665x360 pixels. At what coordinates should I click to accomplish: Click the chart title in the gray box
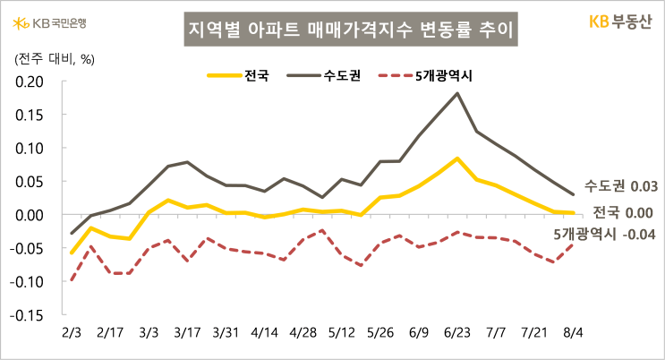coord(351,31)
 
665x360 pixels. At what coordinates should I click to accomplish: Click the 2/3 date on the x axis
coord(71,332)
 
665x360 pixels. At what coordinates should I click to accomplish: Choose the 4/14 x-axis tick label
coord(264,332)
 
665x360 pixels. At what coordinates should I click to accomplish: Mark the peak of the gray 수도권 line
coord(458,93)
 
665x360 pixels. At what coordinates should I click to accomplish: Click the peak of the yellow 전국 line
coord(458,159)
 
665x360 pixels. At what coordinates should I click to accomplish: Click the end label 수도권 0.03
coord(621,186)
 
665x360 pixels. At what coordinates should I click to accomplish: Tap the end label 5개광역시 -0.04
coord(604,234)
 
